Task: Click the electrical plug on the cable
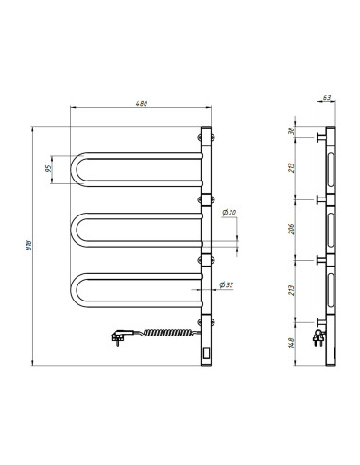(x=120, y=336)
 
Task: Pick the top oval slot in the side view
(x=330, y=170)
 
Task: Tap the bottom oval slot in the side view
(x=330, y=290)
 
